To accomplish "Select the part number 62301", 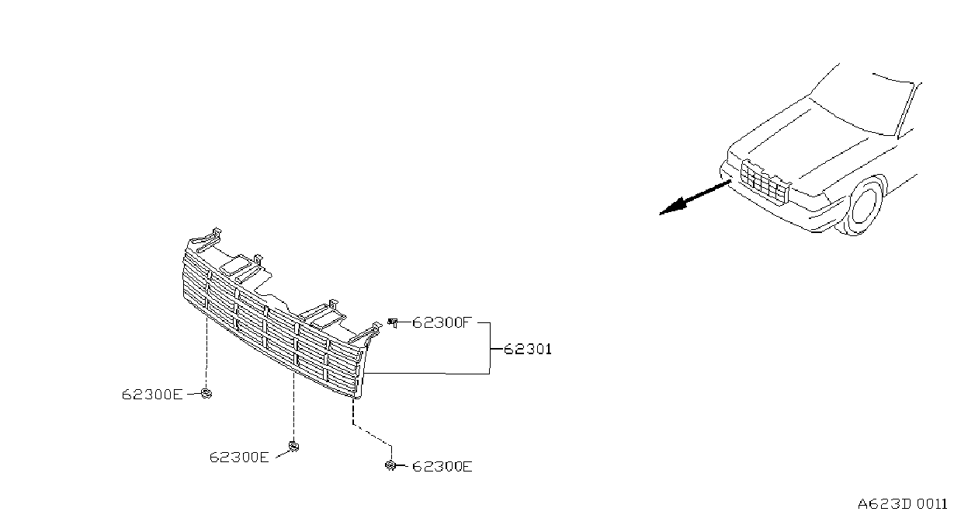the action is click(x=528, y=349).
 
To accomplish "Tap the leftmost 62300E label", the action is click(x=152, y=394).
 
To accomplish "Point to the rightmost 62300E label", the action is click(x=442, y=466).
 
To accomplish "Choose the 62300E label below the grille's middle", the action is click(x=239, y=457).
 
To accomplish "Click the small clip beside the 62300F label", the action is click(x=393, y=322).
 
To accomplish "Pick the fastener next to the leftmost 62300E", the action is click(x=206, y=393).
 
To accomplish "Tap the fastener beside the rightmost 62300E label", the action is click(x=390, y=465).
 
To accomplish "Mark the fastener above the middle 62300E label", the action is click(x=293, y=447).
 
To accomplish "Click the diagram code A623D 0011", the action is click(x=903, y=504).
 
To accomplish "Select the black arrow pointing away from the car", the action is click(x=696, y=197).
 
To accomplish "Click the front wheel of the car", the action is click(x=866, y=206).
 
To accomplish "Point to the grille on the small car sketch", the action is click(x=765, y=181).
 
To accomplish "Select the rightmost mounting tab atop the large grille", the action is click(x=366, y=332).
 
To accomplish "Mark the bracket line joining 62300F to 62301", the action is click(x=490, y=349).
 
